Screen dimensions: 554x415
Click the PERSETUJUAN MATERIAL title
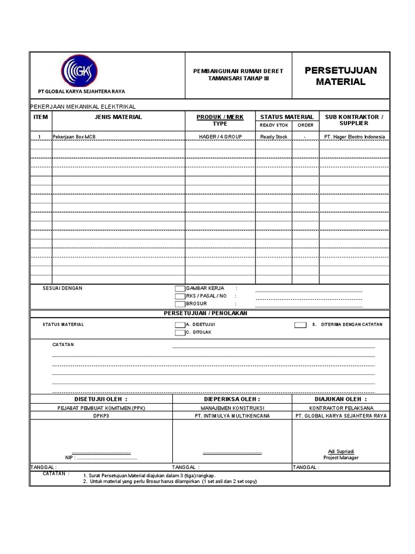point(340,76)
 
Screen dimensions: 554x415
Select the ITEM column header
point(41,117)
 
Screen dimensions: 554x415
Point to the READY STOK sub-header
point(274,125)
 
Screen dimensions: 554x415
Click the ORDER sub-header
point(305,125)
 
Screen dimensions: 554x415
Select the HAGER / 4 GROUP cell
point(220,137)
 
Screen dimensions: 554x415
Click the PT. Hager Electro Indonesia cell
point(354,137)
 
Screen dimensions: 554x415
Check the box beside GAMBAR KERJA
point(179,288)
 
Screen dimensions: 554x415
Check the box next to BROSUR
point(179,304)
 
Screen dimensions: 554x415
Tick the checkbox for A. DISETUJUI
point(179,325)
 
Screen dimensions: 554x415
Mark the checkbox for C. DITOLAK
point(179,332)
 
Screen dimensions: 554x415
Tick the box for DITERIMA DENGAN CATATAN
point(300,325)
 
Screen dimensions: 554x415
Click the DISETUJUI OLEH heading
point(101,399)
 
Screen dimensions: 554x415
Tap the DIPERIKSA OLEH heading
point(232,399)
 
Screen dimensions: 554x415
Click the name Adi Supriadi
point(341,451)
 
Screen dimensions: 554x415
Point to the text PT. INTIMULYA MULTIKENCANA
point(232,416)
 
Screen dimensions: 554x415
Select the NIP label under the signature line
point(69,458)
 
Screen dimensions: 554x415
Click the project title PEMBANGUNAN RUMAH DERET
point(238,71)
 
